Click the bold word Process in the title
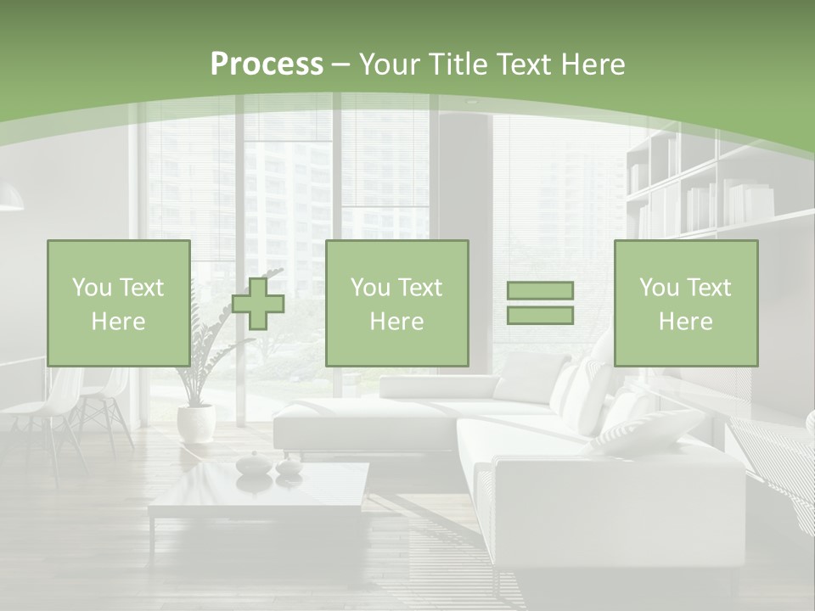pyautogui.click(x=267, y=64)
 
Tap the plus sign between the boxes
pyautogui.click(x=258, y=304)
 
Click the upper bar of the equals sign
pyautogui.click(x=540, y=291)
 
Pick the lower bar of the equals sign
pyautogui.click(x=540, y=316)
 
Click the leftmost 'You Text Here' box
pyautogui.click(x=118, y=303)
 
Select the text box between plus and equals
pyautogui.click(x=396, y=303)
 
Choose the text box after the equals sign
pyautogui.click(x=685, y=303)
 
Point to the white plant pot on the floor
pyautogui.click(x=196, y=423)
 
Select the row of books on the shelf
pyautogui.click(x=731, y=205)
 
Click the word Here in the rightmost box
pyautogui.click(x=685, y=321)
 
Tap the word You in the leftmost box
pyautogui.click(x=92, y=288)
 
